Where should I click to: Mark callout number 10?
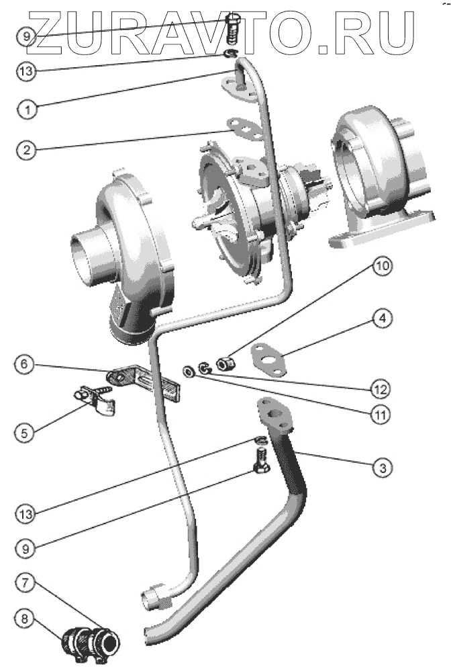(381, 267)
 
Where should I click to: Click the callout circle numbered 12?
(381, 387)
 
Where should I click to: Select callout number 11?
(381, 414)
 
